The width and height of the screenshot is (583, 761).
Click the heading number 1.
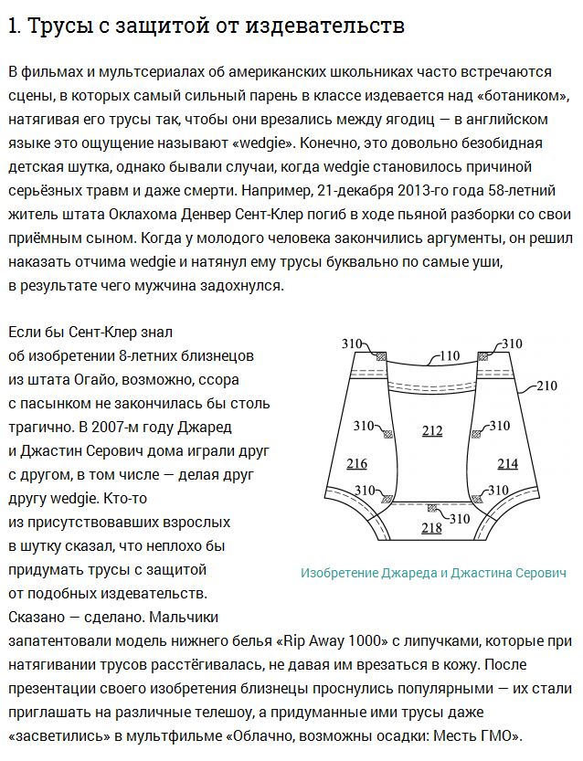click(12, 26)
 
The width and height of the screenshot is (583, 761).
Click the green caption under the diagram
click(433, 573)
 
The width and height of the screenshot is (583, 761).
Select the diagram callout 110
click(449, 357)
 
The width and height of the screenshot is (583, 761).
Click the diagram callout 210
click(546, 386)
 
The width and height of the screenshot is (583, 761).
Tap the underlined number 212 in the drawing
click(431, 430)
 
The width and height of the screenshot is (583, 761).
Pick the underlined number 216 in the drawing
click(357, 464)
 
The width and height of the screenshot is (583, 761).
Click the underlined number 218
click(431, 528)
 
